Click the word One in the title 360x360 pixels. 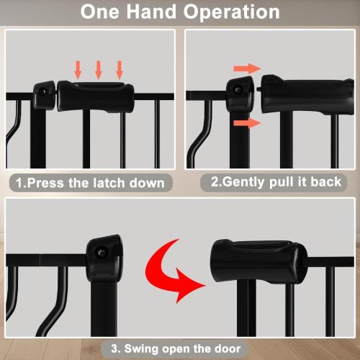coord(102,13)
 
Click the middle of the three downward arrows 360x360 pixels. coord(98,69)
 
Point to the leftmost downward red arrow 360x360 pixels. coord(78,69)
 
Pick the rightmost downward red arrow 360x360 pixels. coord(120,69)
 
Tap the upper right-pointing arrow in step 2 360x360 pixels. coord(245,68)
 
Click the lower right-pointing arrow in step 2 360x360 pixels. coord(245,123)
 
